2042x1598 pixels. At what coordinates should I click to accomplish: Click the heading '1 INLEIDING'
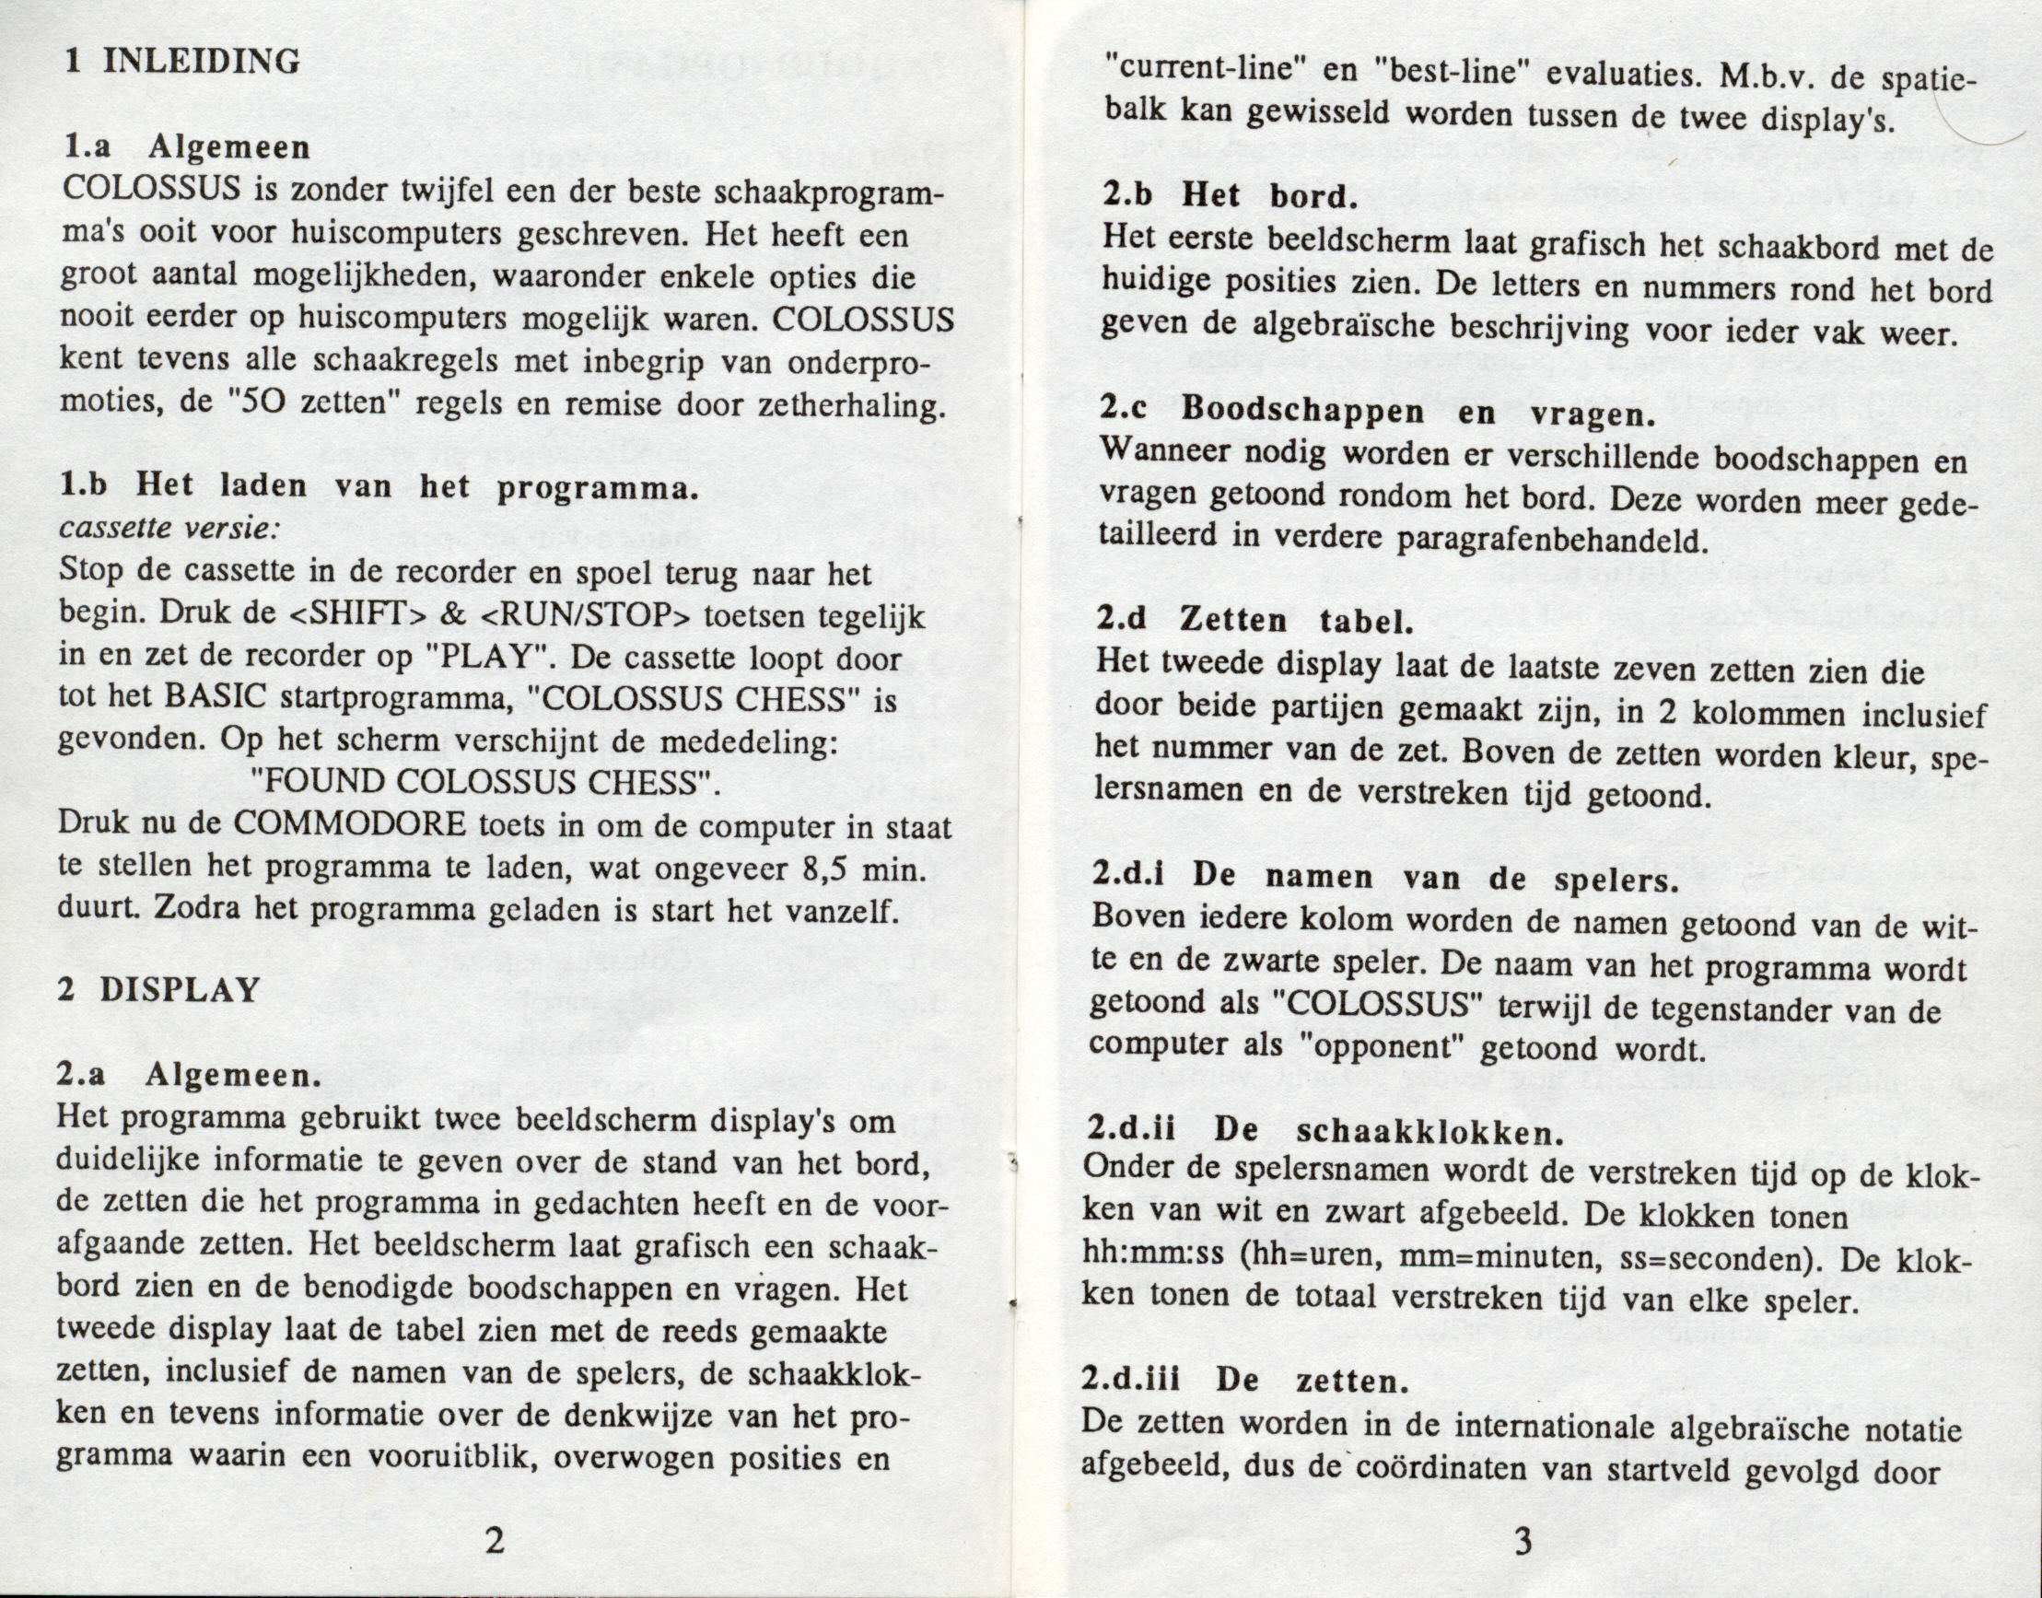[x=183, y=62]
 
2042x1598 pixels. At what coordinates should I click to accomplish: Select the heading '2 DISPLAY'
[x=158, y=990]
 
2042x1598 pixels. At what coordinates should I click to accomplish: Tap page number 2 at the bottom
[x=495, y=1539]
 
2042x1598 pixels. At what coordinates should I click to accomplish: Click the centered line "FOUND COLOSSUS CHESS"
[x=486, y=782]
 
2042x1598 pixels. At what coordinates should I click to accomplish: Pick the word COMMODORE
[x=349, y=824]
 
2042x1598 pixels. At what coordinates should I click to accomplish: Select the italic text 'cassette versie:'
[x=168, y=528]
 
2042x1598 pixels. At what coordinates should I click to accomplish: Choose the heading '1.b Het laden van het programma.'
[x=379, y=486]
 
